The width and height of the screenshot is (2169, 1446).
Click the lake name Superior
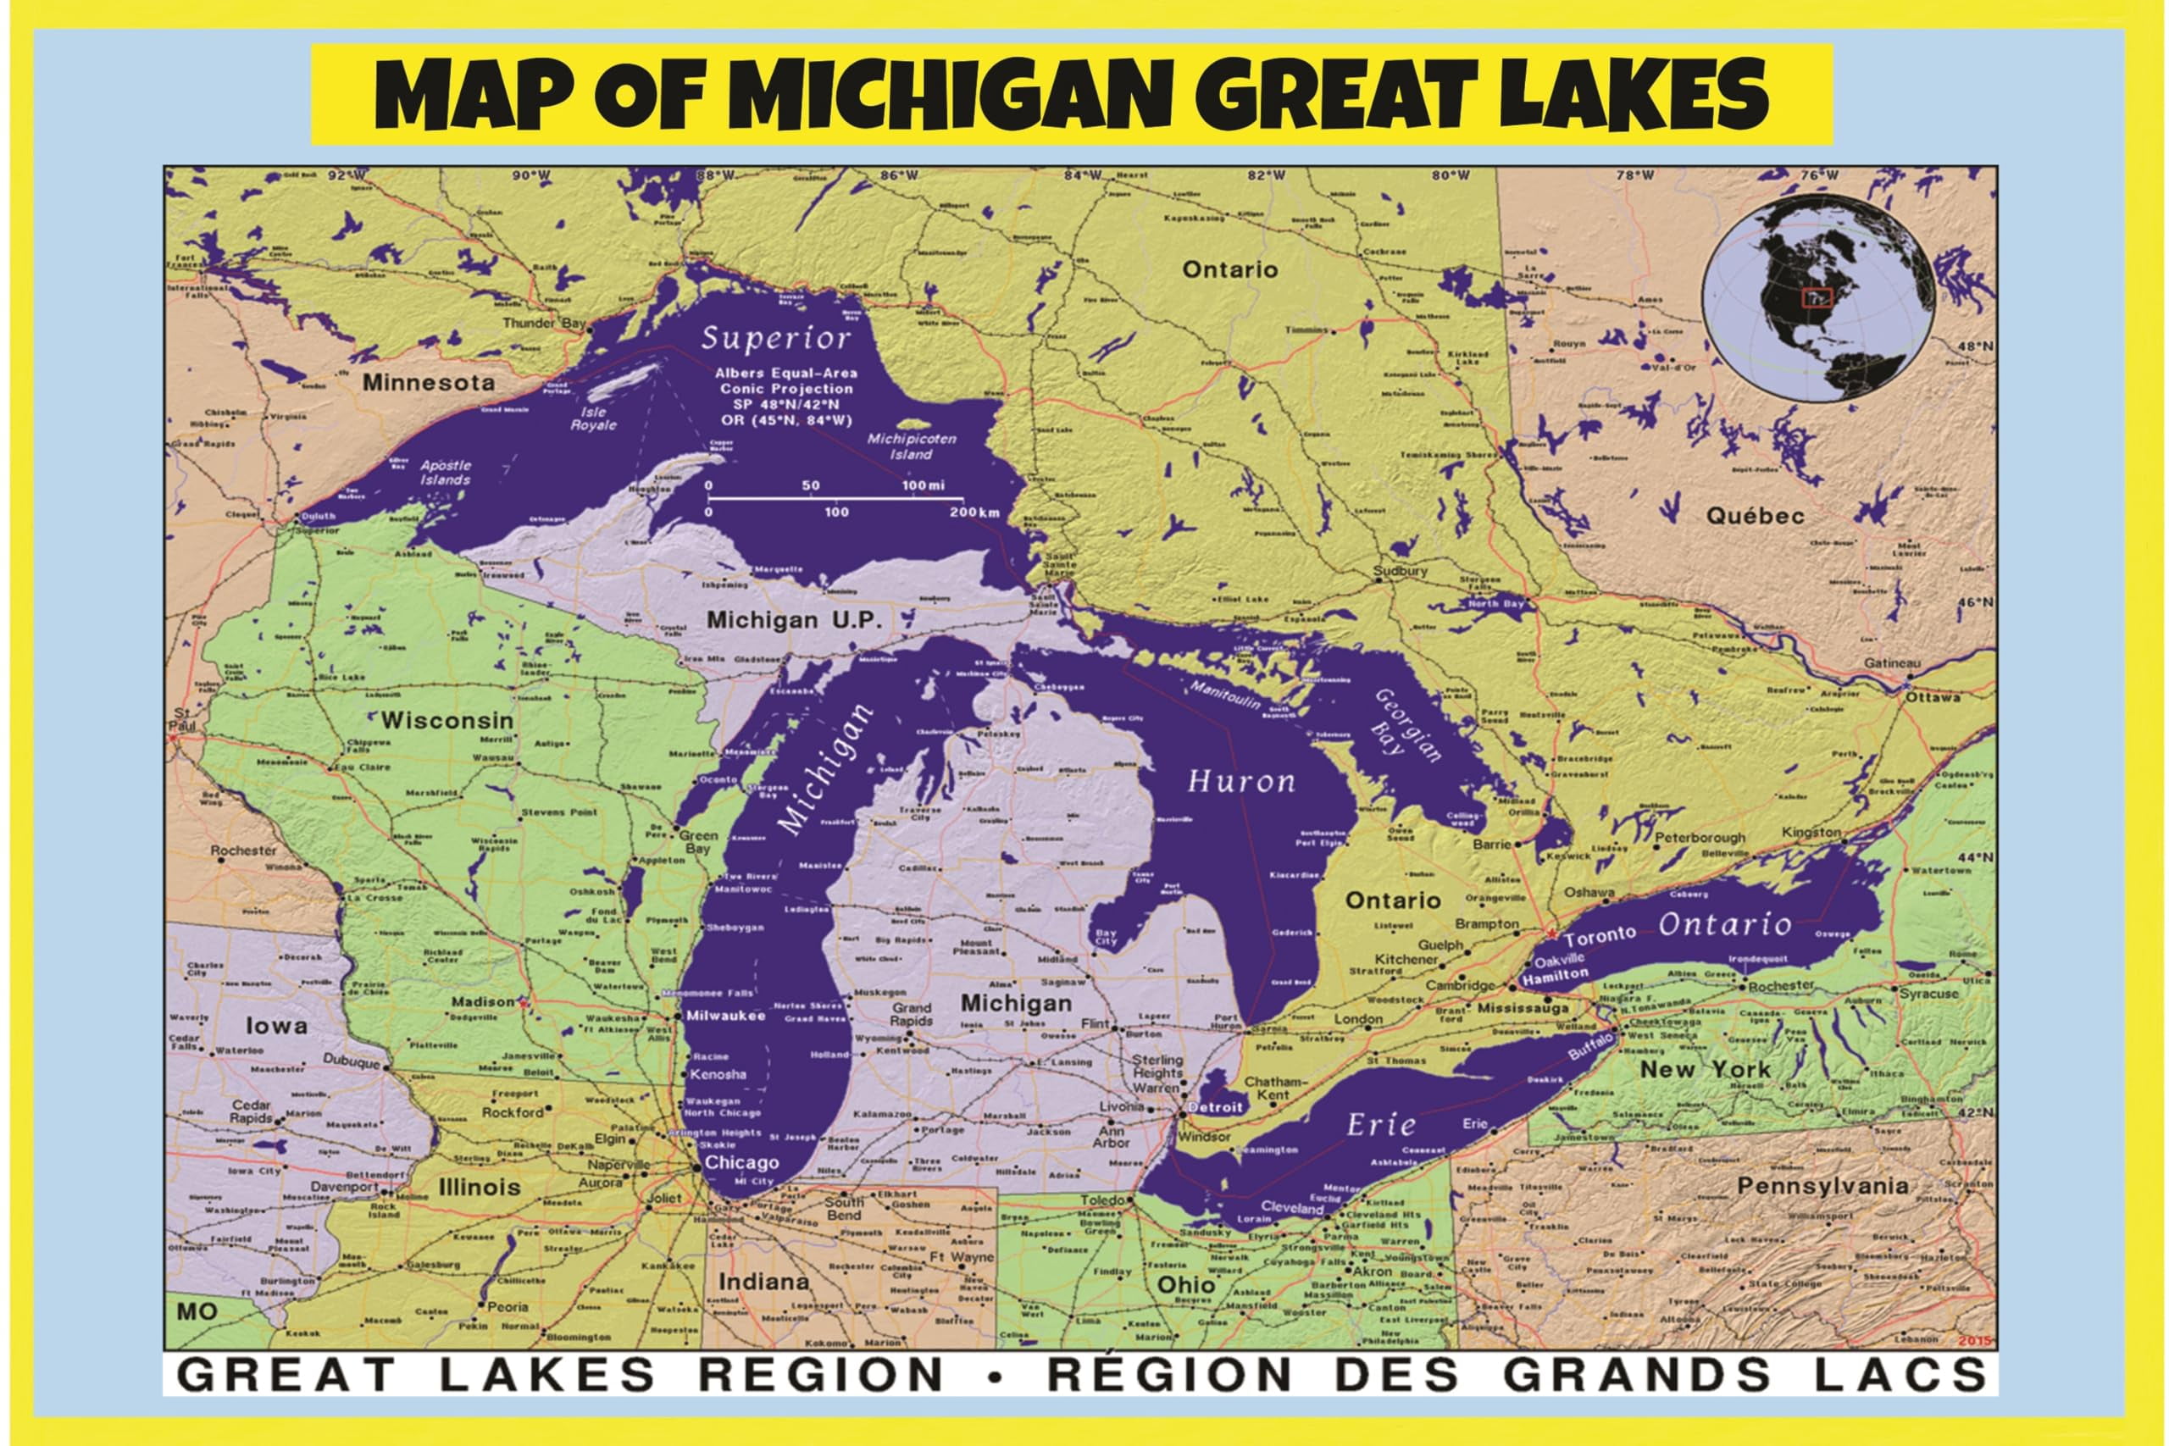click(x=774, y=339)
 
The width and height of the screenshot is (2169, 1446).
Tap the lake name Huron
click(x=1240, y=782)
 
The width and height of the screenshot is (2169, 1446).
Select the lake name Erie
click(x=1380, y=1124)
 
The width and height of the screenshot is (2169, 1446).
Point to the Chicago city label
click(x=741, y=1162)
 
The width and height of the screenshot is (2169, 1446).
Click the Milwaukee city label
click(x=726, y=1016)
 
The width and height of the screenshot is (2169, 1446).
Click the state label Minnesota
click(x=428, y=382)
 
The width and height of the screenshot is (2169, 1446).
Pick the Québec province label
click(x=1754, y=516)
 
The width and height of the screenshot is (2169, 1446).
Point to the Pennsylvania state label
click(x=1822, y=1186)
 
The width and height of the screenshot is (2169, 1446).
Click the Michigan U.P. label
click(x=793, y=620)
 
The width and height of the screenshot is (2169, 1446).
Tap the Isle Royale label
click(x=592, y=418)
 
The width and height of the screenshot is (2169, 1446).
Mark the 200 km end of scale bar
click(x=974, y=512)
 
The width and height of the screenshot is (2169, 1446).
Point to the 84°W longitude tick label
click(x=1082, y=175)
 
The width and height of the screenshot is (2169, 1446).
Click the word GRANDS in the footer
click(x=1636, y=1375)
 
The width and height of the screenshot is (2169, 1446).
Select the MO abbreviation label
click(x=196, y=1311)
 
